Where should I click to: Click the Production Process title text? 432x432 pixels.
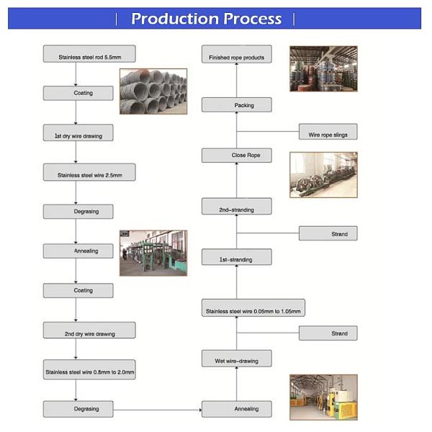click(x=206, y=19)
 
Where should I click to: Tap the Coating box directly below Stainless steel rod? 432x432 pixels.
click(x=78, y=93)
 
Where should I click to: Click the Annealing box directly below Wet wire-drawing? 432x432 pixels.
click(x=236, y=408)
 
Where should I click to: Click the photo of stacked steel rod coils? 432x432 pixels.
click(x=153, y=90)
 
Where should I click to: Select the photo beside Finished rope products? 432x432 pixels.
click(x=323, y=68)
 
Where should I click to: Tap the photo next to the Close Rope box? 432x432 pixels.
click(x=323, y=174)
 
